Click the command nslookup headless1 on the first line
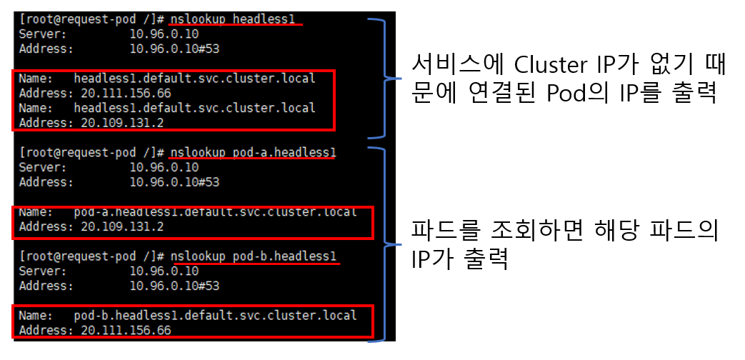[232, 19]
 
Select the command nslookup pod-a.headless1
[252, 153]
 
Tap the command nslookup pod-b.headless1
[252, 256]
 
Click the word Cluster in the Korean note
[548, 66]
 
